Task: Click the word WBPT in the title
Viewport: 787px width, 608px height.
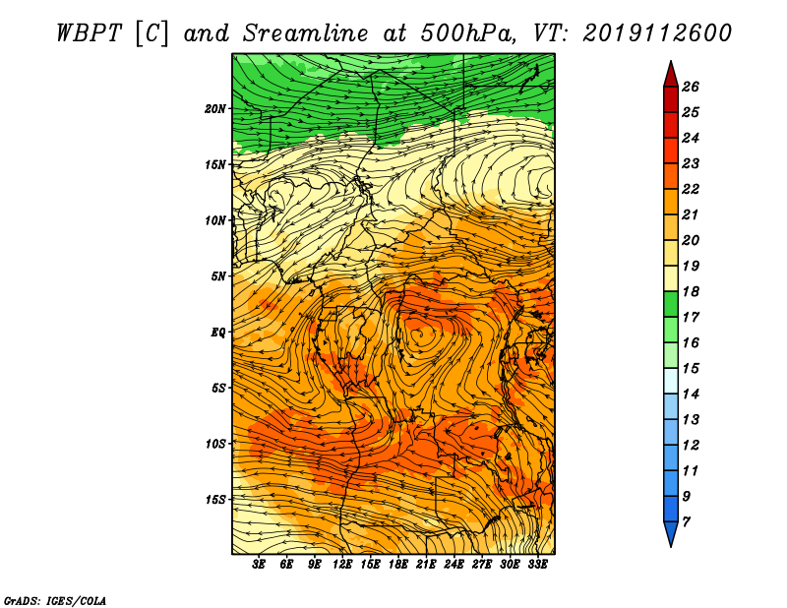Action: pos(89,33)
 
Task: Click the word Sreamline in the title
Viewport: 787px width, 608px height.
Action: pos(305,33)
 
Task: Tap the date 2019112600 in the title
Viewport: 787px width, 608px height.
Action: pos(656,33)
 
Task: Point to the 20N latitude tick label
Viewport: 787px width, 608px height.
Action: pos(215,109)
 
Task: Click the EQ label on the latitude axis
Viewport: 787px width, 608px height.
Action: pos(217,333)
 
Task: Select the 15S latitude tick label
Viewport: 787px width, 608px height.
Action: pos(215,500)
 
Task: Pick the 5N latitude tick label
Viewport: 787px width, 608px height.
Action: pos(218,276)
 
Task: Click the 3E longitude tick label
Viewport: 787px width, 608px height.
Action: pos(259,565)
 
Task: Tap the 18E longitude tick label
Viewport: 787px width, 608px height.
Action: pos(398,565)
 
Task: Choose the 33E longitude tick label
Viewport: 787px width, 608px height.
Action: pos(537,565)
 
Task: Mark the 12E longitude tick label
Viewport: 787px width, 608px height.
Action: pos(341,565)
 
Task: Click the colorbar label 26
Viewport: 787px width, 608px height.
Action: pos(691,87)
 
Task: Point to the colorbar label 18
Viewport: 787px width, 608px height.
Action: pos(691,291)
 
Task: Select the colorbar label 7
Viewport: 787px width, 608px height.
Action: pos(686,522)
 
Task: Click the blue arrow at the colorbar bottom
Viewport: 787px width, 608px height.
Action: pos(671,532)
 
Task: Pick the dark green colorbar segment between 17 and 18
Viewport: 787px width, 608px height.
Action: pos(671,304)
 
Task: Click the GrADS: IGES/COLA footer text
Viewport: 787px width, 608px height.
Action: pos(55,601)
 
